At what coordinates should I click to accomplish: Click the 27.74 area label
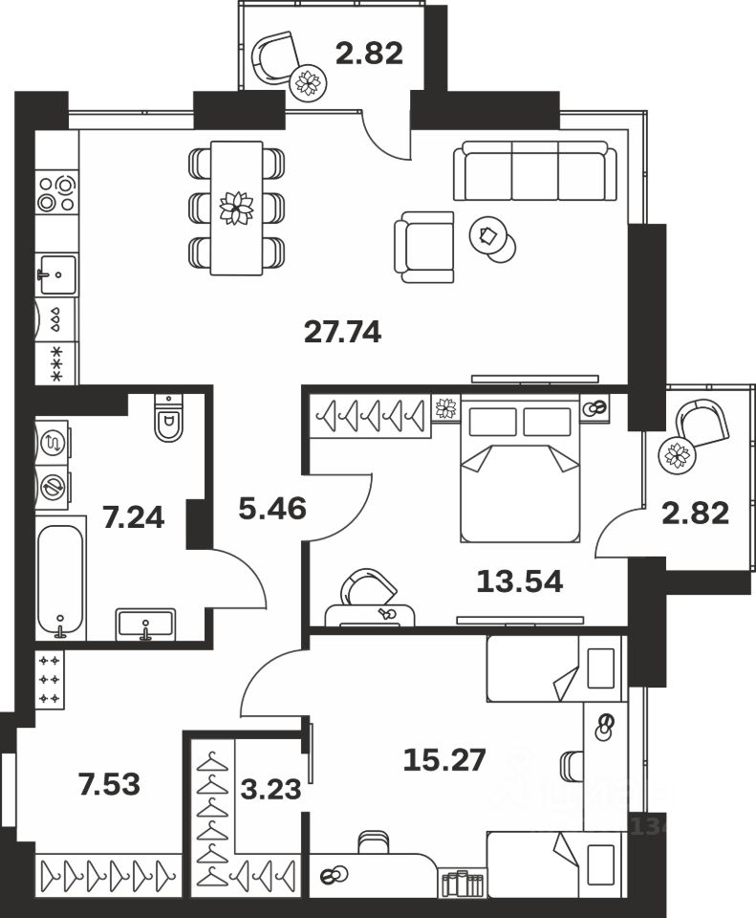pyautogui.click(x=342, y=333)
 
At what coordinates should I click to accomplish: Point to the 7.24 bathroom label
pyautogui.click(x=133, y=518)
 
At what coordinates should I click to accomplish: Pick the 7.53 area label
pyautogui.click(x=108, y=785)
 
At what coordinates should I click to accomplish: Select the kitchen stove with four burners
pyautogui.click(x=56, y=192)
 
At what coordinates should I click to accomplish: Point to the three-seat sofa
pyautogui.click(x=534, y=171)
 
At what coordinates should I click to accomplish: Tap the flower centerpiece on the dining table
pyautogui.click(x=235, y=208)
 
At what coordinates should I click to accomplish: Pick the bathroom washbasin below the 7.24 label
pyautogui.click(x=145, y=624)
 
